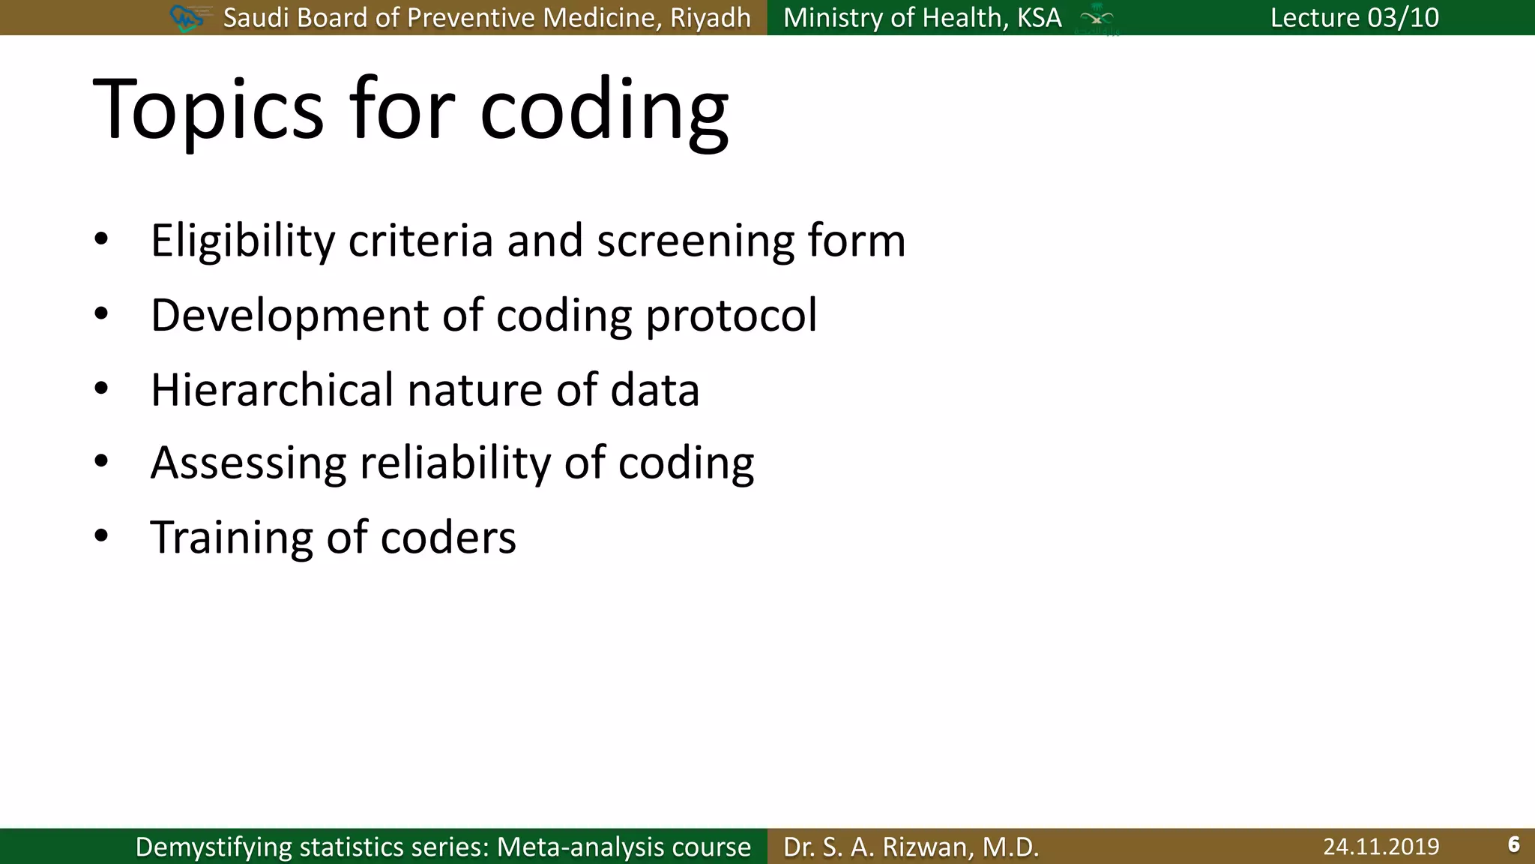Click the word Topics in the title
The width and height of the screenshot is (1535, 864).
point(208,110)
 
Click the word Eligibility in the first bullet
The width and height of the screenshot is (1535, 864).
point(243,241)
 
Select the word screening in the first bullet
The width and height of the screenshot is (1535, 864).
point(695,241)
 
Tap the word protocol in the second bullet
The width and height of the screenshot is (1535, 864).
point(731,315)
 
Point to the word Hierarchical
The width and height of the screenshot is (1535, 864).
point(271,390)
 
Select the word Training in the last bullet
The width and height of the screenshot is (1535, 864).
point(231,537)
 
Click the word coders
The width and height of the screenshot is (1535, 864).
point(448,537)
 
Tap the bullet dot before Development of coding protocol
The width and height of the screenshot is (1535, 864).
point(102,314)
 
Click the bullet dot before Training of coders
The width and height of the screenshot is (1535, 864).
point(102,536)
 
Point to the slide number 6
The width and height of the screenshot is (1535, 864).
point(1513,844)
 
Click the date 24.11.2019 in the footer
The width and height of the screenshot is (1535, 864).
point(1381,846)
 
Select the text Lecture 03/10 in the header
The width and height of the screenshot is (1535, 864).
point(1354,17)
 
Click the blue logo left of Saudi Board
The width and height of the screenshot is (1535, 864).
point(187,17)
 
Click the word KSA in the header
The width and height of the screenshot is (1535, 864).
point(1039,17)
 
